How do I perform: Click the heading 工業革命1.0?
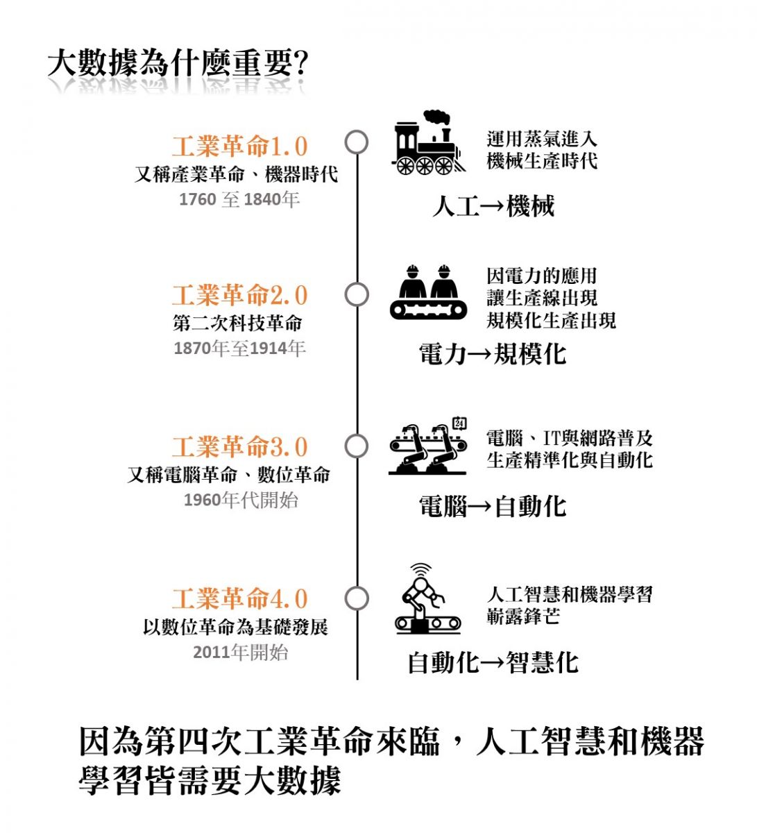(239, 146)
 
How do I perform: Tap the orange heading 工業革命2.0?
(239, 296)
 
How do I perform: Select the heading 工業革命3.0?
(239, 447)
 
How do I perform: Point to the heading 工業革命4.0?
(239, 598)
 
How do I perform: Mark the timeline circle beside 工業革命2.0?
(357, 294)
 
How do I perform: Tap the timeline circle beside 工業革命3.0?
(357, 446)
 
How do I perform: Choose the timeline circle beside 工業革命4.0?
(357, 598)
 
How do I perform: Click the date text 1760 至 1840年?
(239, 200)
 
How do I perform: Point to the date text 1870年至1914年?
(239, 348)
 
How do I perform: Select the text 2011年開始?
(240, 653)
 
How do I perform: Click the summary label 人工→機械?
(493, 206)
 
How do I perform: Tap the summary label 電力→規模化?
(493, 354)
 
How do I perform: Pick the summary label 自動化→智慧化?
(493, 662)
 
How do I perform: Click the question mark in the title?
(300, 65)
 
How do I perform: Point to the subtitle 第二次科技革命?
(238, 323)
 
